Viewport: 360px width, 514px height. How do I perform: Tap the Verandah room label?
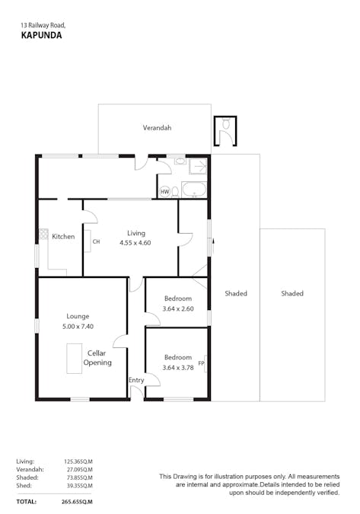pos(157,128)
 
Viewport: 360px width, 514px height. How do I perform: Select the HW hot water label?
pos(164,192)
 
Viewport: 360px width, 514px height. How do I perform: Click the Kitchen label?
pos(63,236)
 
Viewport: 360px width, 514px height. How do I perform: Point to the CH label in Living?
pos(96,242)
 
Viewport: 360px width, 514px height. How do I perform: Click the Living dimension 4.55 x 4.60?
pos(135,243)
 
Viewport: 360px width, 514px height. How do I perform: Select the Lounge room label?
pos(78,316)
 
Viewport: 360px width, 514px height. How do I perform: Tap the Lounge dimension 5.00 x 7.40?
pos(78,326)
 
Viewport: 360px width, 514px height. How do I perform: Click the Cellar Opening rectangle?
pos(75,358)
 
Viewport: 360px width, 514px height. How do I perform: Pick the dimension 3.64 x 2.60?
pos(177,308)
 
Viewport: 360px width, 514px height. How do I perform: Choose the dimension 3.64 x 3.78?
pos(177,368)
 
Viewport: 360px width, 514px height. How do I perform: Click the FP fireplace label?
pos(201,363)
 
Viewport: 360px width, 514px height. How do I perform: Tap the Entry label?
pos(136,380)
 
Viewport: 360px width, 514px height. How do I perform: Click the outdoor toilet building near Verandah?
pos(225,131)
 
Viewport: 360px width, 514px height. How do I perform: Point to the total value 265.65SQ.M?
pos(77,502)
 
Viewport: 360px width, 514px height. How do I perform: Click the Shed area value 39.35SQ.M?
pos(78,486)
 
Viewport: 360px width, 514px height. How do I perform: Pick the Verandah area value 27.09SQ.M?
pos(78,469)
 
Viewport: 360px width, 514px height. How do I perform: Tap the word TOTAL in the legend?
pos(25,502)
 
